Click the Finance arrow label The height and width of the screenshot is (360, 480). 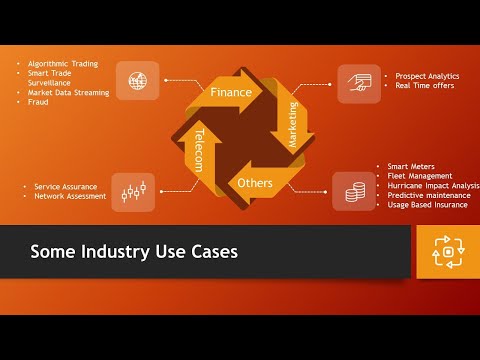231,93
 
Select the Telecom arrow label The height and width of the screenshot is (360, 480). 199,150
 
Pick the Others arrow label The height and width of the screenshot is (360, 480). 256,183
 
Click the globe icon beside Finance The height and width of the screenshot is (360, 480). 137,81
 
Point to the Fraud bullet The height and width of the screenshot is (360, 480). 38,102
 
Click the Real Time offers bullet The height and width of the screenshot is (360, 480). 425,86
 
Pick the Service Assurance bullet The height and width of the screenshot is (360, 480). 65,186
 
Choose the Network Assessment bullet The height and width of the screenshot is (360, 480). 70,196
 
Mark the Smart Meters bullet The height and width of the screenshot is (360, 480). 410,166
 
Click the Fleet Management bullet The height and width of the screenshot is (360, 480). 420,176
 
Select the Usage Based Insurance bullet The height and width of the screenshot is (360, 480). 428,204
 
